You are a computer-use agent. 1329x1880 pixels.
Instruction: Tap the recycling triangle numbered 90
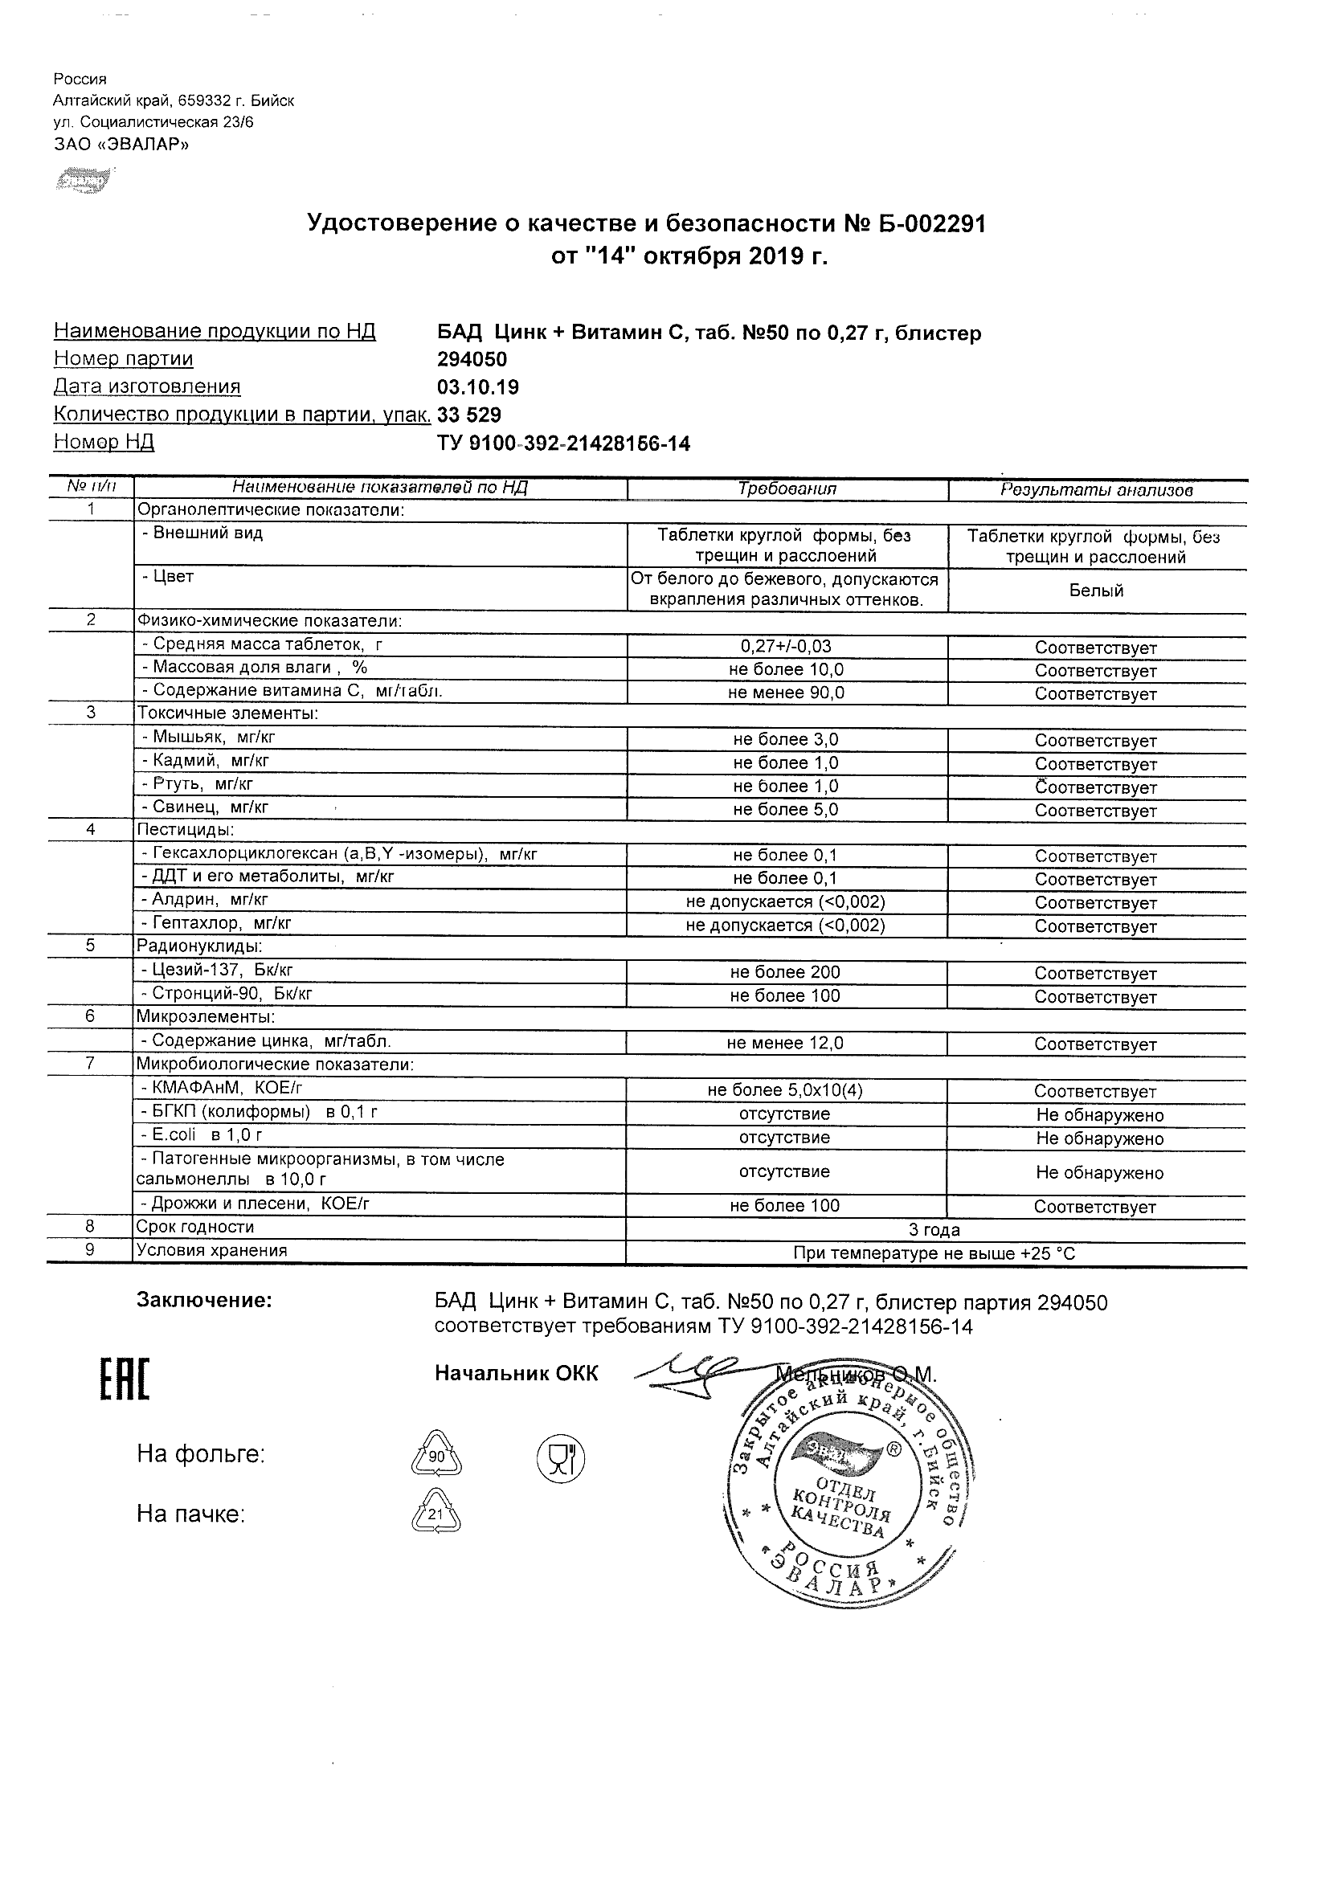tap(436, 1455)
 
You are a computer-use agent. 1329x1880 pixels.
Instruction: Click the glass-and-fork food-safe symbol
tap(561, 1458)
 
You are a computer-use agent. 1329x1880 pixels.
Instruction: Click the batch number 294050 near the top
tap(472, 359)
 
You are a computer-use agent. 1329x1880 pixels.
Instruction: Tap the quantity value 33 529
tap(469, 415)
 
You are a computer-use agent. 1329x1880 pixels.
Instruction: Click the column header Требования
tap(787, 488)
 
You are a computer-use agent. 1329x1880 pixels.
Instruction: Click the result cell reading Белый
tap(1096, 591)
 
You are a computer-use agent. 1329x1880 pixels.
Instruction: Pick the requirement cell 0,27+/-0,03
tap(786, 646)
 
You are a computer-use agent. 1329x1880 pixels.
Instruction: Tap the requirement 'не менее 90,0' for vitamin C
tap(786, 693)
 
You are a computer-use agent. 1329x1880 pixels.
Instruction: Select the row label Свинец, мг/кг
tap(211, 807)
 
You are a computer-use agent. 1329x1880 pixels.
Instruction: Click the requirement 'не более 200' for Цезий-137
tap(785, 972)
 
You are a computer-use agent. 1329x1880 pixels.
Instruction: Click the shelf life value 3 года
tap(934, 1230)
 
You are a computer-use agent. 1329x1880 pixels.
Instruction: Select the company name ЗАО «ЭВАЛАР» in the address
tap(121, 145)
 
